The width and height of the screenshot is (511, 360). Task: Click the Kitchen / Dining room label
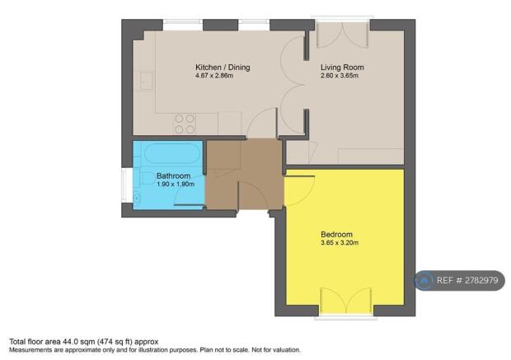point(223,68)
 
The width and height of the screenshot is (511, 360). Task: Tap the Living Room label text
point(342,68)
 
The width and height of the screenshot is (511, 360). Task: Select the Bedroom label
point(337,234)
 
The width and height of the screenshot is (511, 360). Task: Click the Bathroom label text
point(174,176)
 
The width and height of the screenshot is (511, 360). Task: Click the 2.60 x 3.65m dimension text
point(340,77)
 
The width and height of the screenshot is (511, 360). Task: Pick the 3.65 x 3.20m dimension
point(340,243)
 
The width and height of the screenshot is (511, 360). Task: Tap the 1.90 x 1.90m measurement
point(176,185)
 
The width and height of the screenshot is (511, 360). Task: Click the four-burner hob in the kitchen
point(185,124)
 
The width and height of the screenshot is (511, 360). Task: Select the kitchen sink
point(145,81)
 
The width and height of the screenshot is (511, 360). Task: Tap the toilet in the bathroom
point(137,196)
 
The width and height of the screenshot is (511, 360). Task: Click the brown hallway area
point(243,175)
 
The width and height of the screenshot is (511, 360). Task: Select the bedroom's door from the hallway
point(299,192)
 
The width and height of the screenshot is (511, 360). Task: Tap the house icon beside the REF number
point(424,280)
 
